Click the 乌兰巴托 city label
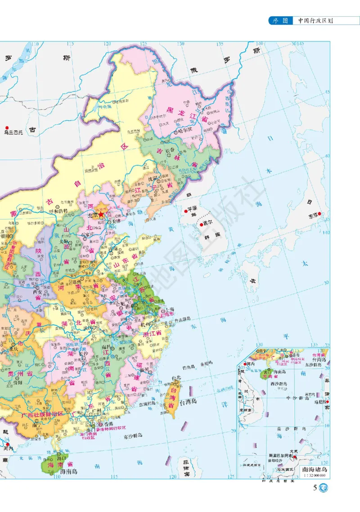point(13,132)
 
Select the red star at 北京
point(101,215)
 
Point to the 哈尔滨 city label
point(184,130)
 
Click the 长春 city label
point(170,150)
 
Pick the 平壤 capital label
point(193,209)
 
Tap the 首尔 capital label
point(207,222)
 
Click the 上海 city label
point(170,310)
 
